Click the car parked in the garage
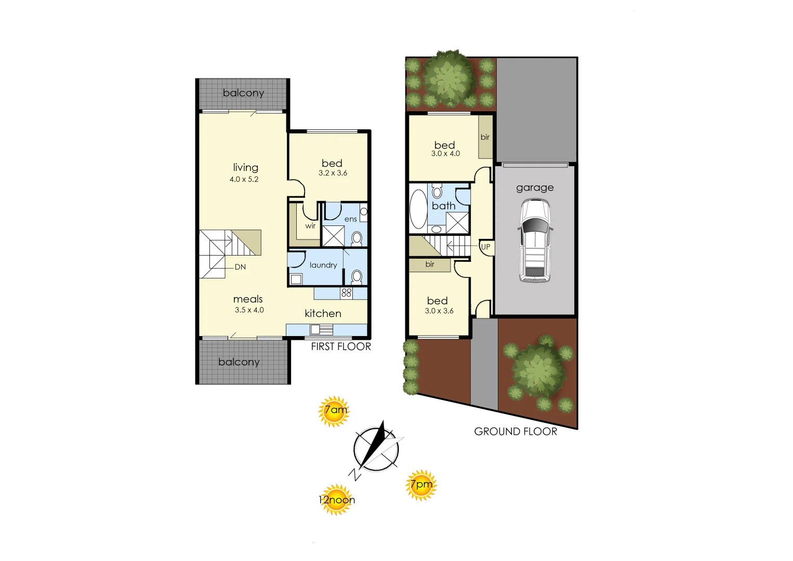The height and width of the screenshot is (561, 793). tap(535, 241)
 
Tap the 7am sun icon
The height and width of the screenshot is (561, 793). tap(334, 411)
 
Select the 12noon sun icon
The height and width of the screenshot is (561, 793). tap(337, 500)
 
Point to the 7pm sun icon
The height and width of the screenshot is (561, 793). tap(421, 485)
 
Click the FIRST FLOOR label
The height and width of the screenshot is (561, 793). tap(341, 346)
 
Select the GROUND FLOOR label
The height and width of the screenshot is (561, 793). tap(516, 431)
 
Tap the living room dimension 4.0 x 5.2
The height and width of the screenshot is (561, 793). tap(244, 179)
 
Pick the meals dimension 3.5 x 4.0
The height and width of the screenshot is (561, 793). tap(249, 310)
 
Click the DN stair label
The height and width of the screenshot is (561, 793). tap(240, 267)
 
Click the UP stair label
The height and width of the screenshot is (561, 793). tap(485, 247)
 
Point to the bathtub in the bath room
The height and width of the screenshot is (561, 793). tap(418, 210)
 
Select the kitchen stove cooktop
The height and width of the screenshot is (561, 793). tap(347, 293)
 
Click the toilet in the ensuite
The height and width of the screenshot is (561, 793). tap(356, 238)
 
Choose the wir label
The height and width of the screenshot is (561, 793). tap(310, 226)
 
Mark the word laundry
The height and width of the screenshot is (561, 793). tap(323, 265)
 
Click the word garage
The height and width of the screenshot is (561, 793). tap(535, 188)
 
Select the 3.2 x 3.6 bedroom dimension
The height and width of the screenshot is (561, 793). tap(333, 173)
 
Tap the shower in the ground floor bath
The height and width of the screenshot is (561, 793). tap(457, 223)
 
